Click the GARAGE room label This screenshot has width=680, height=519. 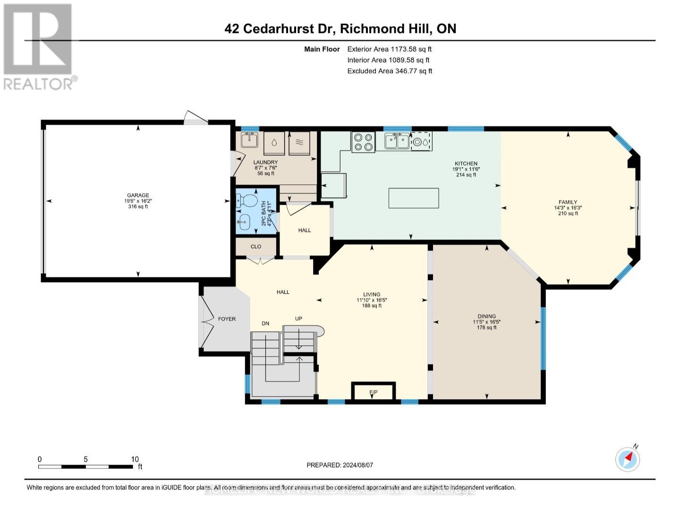click(138, 195)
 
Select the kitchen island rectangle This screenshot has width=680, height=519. click(414, 198)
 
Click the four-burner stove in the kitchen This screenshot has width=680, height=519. click(363, 142)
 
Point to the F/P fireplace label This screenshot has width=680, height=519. click(373, 393)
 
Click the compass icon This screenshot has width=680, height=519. click(628, 459)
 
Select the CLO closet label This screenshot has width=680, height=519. click(256, 247)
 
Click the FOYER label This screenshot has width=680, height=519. click(227, 319)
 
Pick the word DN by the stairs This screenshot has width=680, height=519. click(266, 323)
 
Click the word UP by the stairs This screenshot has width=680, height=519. click(298, 318)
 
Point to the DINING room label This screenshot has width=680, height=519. click(486, 317)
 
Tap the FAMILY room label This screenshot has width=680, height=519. click(568, 202)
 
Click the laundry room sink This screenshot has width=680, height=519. click(249, 140)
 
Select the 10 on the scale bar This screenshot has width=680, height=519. click(135, 459)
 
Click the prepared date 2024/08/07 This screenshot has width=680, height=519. click(357, 465)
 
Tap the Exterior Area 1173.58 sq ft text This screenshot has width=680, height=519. click(389, 49)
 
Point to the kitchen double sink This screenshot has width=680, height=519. click(397, 141)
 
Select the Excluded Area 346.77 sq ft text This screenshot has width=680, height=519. click(390, 71)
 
